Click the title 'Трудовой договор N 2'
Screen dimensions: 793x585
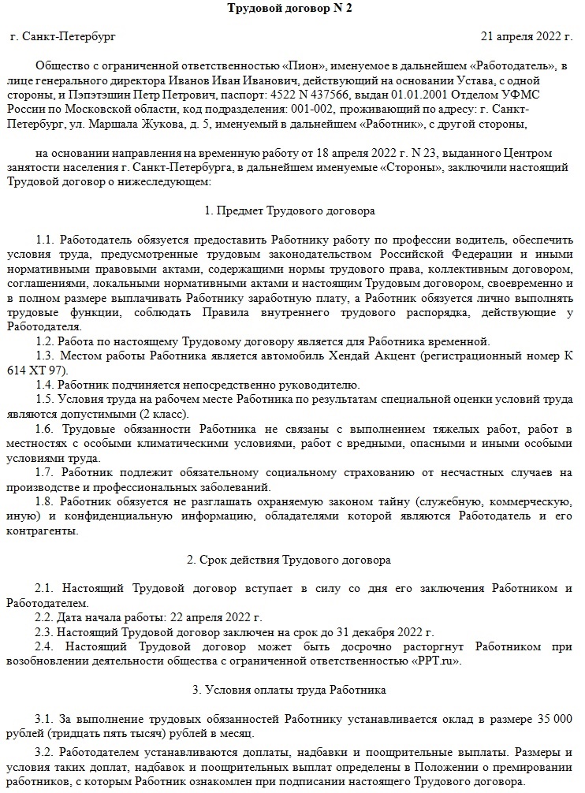coord(291,9)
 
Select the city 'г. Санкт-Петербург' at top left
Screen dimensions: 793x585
coord(63,36)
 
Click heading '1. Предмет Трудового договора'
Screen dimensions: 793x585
coord(291,210)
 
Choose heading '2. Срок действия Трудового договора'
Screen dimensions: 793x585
coord(291,560)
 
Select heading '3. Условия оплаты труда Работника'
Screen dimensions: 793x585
coord(291,690)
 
